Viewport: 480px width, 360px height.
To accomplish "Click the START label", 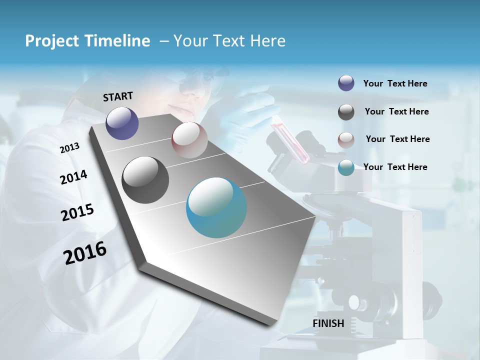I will click(x=118, y=96).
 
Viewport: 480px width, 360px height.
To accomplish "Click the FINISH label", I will click(x=328, y=323).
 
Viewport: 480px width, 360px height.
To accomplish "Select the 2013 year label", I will click(x=69, y=147).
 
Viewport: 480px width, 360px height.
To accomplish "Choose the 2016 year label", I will click(x=85, y=252).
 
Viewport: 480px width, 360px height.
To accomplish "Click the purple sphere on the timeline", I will click(x=122, y=123).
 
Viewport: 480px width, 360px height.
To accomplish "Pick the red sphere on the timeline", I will click(x=189, y=140).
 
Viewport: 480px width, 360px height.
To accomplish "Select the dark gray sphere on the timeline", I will click(x=145, y=180).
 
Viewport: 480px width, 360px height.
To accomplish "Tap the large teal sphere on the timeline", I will click(x=216, y=207).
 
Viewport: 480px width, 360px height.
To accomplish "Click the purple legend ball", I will click(x=346, y=83).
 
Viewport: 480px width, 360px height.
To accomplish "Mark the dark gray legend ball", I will click(x=346, y=112).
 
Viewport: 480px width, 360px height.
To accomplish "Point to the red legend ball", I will click(x=346, y=140).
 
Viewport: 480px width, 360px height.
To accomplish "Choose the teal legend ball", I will click(x=346, y=167).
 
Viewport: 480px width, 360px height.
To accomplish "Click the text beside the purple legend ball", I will click(x=395, y=83).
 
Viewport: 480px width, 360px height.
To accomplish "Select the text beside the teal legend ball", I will click(x=395, y=167).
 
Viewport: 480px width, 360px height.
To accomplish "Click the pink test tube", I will click(x=290, y=143).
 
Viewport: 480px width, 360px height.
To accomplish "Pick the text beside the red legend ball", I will click(x=397, y=139).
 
